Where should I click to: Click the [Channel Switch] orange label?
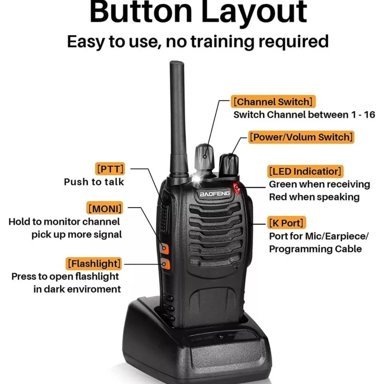coord(273,101)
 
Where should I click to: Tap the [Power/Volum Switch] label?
coord(301,137)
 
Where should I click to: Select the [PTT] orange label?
coord(110,169)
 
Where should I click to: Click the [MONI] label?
coord(105,208)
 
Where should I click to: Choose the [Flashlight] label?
coord(94,264)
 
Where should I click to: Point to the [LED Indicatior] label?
coord(305,171)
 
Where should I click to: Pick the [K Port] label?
coord(286,222)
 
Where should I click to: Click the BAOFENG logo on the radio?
coord(215,194)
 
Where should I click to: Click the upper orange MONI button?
coord(164,248)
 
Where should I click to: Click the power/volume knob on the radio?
coord(229,165)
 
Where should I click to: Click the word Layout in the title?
coord(254,12)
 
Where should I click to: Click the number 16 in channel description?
coord(369,115)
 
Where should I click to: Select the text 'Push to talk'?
coord(94,182)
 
